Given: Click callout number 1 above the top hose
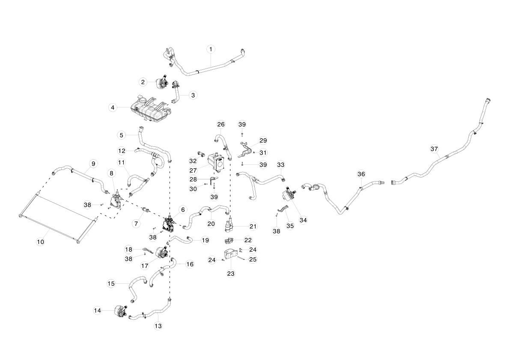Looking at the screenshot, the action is tap(211, 49).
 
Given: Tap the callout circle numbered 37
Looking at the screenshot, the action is tap(434, 149).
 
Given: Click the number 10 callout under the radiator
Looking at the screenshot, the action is tap(40, 242).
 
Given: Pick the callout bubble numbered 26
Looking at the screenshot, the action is tap(221, 125).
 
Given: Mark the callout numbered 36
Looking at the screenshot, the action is tap(361, 174).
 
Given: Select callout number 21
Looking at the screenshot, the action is tap(253, 226).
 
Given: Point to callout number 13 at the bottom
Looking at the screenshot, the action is tap(158, 326).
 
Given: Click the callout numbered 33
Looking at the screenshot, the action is tap(280, 165).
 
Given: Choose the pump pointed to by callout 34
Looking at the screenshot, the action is tap(289, 194).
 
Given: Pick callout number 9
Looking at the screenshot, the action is tap(93, 164).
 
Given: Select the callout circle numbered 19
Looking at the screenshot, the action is tap(205, 241).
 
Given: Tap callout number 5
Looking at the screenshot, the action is tap(122, 135).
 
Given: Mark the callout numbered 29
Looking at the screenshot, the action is tap(263, 140).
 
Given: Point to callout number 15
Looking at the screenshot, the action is tap(111, 284).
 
